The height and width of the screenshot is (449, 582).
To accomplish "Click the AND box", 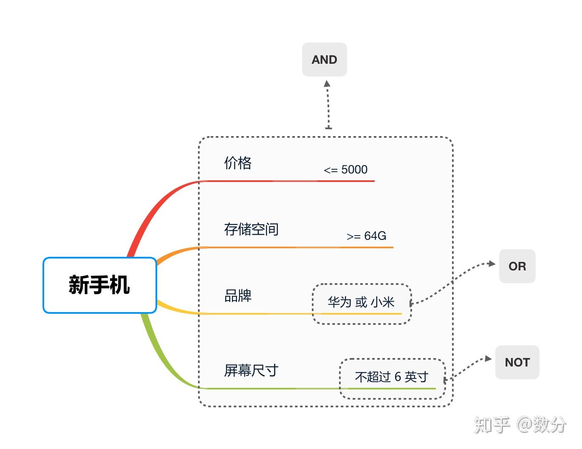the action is pos(324,60).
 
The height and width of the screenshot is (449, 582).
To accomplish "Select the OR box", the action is pos(517,266).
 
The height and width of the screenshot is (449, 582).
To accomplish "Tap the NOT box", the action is pos(517,362).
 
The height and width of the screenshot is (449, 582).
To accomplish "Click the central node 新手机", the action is pos(100,285).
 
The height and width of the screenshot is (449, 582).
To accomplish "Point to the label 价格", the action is pos(238,163).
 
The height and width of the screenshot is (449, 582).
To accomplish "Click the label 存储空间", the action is pos(251,229).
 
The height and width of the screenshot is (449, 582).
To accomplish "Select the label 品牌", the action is pos(238,296).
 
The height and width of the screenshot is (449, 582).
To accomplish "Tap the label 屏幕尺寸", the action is pos(251,370).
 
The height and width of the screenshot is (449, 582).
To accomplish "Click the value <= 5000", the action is pos(345,169).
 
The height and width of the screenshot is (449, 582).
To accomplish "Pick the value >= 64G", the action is pos(366,236).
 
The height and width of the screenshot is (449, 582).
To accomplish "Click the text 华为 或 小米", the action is pos(361,302).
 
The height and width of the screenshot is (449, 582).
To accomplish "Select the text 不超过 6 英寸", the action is pos(392,377).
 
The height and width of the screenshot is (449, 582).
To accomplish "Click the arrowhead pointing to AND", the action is pos(327,83).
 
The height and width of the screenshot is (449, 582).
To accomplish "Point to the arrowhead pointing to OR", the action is pos(492,264).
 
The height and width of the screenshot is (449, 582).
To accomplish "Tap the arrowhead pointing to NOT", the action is pos(488,358).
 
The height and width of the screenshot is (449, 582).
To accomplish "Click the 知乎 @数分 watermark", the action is pos(520,425).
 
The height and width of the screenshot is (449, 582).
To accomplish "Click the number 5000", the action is pos(354,169).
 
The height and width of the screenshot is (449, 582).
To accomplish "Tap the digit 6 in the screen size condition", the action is pos(398,377).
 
